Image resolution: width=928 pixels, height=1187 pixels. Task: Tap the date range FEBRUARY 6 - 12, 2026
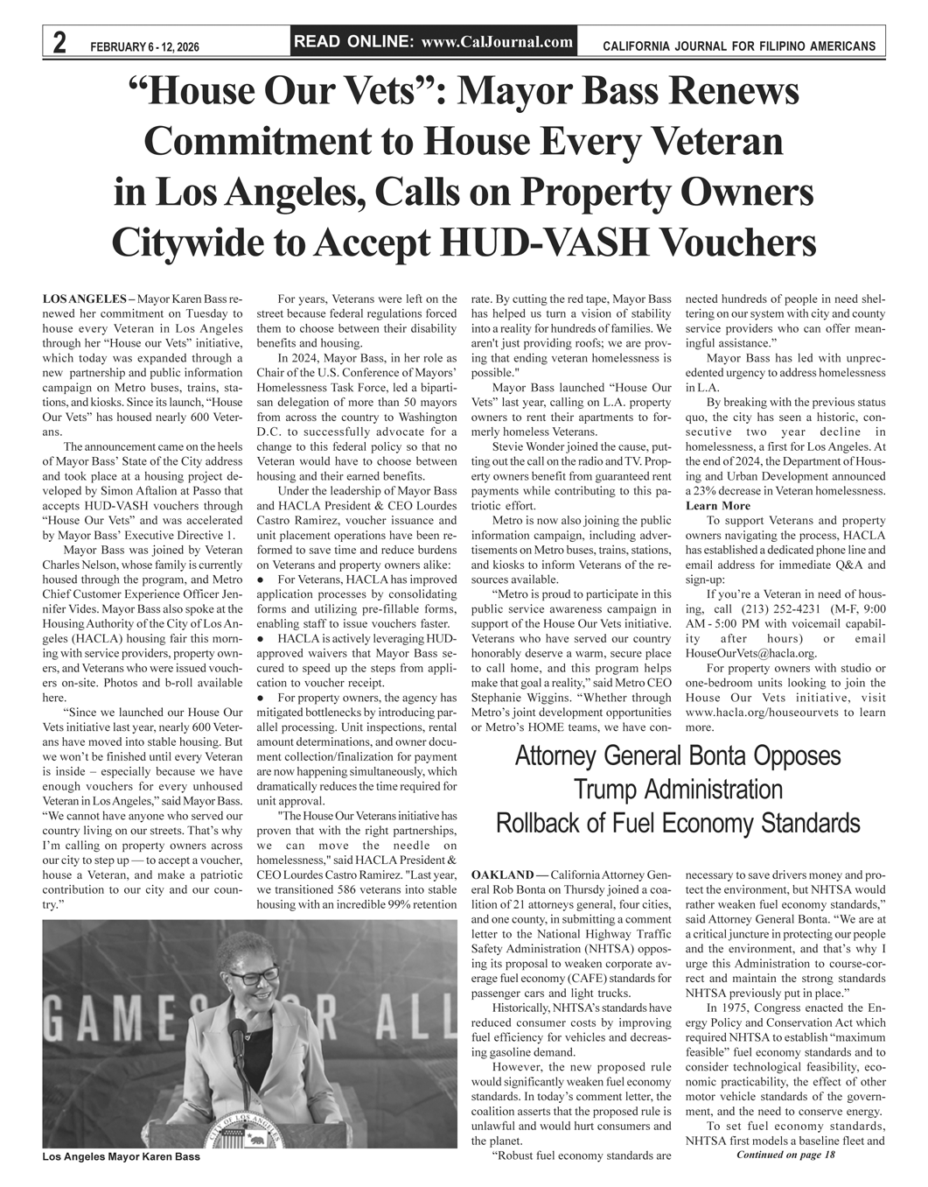145,46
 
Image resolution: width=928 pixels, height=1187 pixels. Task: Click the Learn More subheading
717,506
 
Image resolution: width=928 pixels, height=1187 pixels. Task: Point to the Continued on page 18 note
786,1155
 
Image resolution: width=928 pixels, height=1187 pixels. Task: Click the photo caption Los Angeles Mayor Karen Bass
121,1156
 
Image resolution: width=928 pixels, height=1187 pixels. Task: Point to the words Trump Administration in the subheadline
678,790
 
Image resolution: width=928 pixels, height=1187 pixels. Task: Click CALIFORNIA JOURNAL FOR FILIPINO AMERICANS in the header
739,45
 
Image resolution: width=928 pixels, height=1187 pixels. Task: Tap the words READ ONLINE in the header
354,41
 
